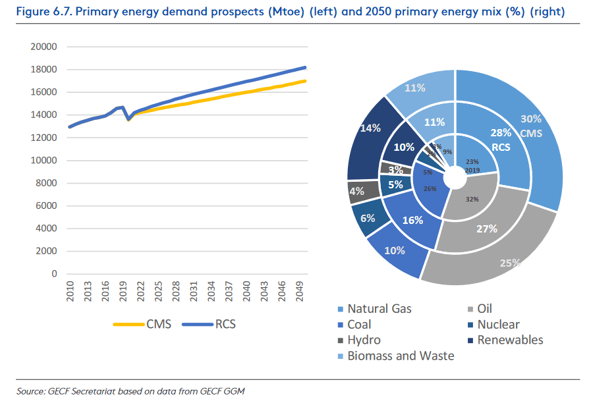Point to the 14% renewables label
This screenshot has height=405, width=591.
point(371,128)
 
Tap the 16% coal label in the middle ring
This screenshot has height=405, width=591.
point(412,220)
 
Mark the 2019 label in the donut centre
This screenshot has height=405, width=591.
point(471,171)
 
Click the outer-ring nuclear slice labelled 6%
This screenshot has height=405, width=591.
point(367,218)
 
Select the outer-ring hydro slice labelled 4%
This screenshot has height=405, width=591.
point(356,192)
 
